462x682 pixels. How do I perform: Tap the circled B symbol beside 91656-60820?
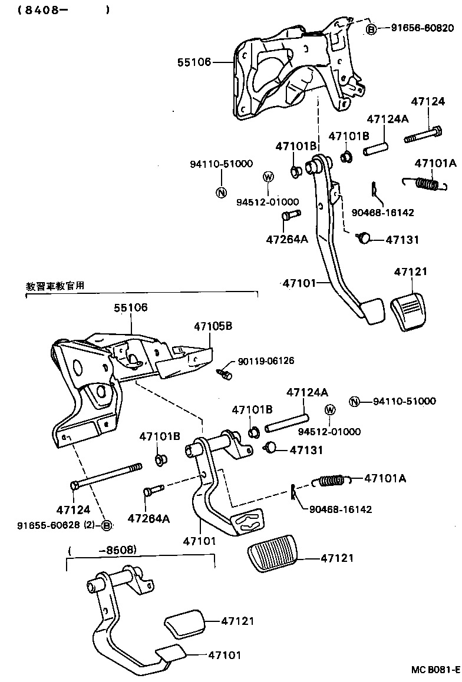pos(372,28)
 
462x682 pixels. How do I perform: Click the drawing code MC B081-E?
pos(435,670)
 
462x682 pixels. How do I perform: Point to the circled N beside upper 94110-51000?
pos(222,192)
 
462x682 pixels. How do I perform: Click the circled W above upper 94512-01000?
pos(268,176)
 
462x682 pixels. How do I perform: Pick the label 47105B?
pos(213,325)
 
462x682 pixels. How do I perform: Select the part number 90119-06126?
pos(266,361)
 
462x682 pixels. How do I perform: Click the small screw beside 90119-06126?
pos(225,373)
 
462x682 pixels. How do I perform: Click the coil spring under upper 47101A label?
pos(427,184)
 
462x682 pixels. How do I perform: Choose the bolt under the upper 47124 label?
pos(423,134)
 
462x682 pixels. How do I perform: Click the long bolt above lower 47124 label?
pos(106,476)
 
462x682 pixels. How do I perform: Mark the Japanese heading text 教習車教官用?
pos(55,286)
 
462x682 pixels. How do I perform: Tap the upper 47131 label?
pos(402,240)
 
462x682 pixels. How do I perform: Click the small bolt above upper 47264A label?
pos(290,216)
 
